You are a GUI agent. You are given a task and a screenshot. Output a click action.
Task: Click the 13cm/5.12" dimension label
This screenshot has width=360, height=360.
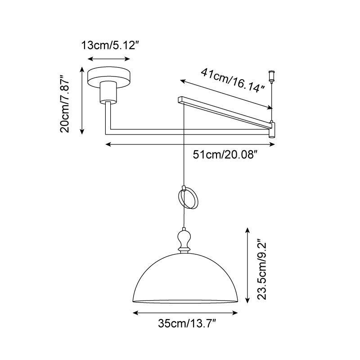coord(110,45)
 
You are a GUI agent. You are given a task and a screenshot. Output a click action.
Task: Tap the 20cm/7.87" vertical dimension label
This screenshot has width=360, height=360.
coord(64,104)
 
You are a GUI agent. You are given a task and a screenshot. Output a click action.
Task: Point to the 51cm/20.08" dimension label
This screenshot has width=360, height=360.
coord(224,155)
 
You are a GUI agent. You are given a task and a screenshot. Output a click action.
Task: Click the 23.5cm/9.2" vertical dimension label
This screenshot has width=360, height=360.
coord(262,269)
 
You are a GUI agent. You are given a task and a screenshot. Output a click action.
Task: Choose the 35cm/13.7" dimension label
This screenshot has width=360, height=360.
coord(187,324)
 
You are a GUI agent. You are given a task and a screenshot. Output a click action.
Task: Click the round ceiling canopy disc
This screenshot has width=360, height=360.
coord(109,77)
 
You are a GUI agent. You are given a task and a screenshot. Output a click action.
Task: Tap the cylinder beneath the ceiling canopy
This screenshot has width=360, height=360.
coord(108,92)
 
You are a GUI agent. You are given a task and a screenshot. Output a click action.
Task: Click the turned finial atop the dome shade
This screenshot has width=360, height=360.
coord(184,241)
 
